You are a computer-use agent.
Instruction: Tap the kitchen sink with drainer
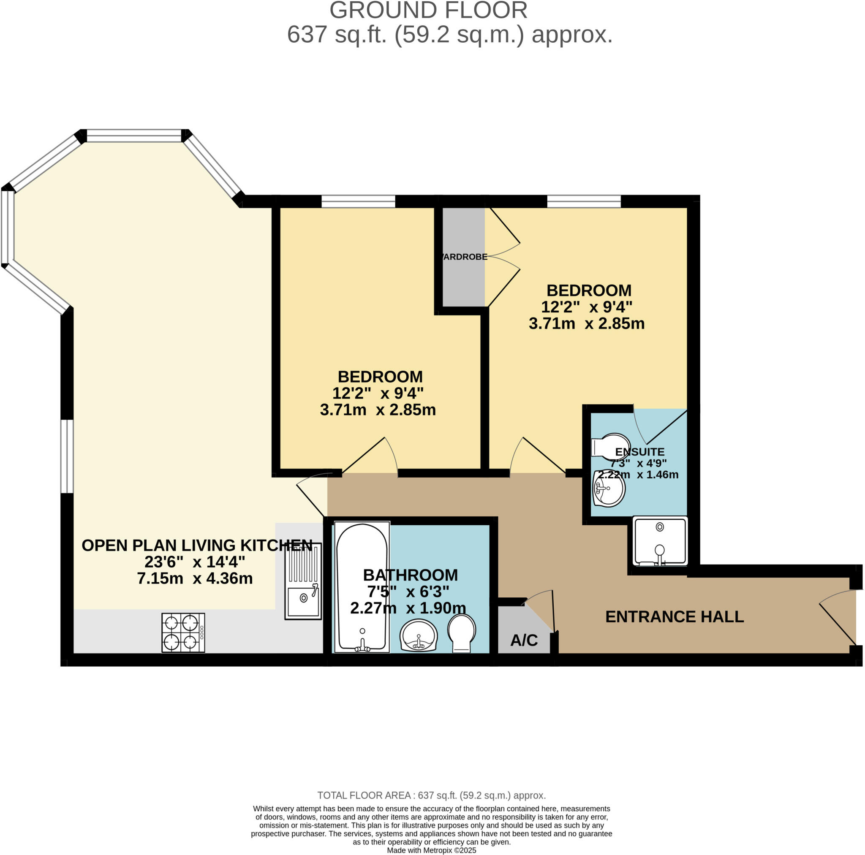point(303,581)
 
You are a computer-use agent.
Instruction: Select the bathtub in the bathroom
point(362,587)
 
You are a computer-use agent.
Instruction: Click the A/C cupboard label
point(524,641)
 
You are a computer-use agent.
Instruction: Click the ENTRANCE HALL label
point(674,617)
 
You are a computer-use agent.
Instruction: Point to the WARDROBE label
point(464,257)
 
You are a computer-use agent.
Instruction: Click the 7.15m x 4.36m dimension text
point(195,578)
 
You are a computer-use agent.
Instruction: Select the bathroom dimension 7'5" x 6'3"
point(408,592)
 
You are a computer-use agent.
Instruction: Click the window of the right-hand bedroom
point(584,201)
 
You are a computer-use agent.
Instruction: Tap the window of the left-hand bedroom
point(358,201)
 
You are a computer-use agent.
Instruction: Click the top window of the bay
point(134,135)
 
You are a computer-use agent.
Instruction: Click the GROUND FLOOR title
point(428,11)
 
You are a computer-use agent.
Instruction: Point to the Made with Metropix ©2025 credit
point(432,850)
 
